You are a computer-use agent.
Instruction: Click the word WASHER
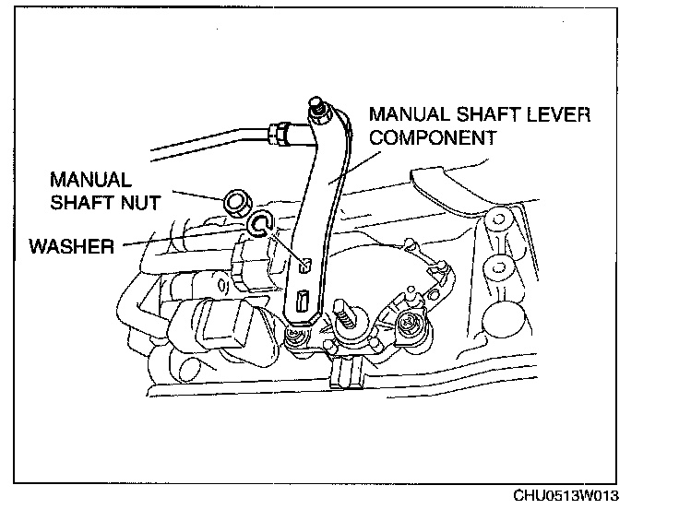click(73, 247)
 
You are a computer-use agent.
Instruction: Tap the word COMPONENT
click(434, 138)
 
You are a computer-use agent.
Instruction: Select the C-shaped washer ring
click(260, 224)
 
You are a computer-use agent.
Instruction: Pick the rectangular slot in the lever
click(302, 301)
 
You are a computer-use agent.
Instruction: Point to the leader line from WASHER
click(185, 238)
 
